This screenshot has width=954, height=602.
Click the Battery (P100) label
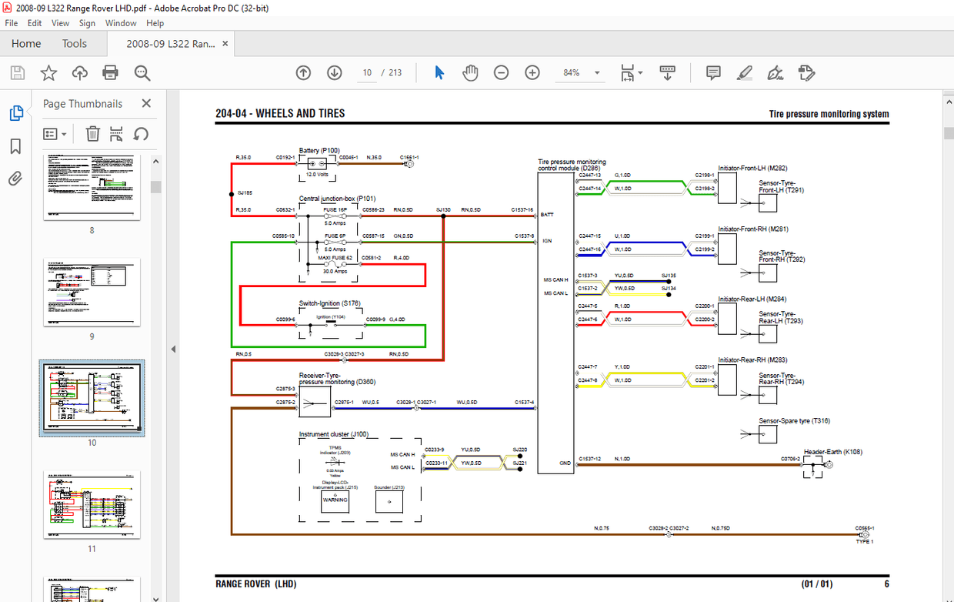319,150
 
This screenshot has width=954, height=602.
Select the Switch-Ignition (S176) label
330,303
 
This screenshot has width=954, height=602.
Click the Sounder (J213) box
389,502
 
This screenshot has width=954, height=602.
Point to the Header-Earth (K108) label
833,452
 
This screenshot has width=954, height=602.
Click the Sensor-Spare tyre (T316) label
794,421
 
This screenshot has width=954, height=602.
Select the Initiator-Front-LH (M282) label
752,168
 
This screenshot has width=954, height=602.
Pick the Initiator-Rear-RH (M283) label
752,360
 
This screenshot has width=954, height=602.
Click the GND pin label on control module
565,463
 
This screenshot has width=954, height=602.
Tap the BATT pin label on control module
547,215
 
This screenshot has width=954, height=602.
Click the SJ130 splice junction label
443,209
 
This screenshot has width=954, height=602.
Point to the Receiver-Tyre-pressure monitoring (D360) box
314,402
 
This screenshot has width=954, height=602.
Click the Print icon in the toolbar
110,72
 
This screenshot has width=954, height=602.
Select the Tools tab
75,44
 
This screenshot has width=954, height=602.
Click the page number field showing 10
368,72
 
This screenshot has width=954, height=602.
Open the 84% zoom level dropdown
597,72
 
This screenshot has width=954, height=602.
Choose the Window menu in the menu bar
121,23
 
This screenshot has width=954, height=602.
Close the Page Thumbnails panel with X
146,103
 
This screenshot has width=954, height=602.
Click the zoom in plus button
532,72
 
